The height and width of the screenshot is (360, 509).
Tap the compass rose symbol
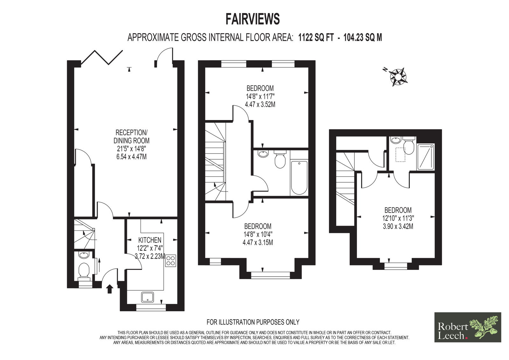tap(398, 77)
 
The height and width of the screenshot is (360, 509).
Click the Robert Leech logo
tap(468, 327)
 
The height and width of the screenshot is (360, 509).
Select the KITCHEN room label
tap(150, 240)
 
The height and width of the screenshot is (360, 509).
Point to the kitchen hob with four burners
tap(171, 261)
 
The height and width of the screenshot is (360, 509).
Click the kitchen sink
tap(147, 297)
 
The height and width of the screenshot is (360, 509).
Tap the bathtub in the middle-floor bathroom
tap(299, 178)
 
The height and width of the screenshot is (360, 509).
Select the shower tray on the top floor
tap(425, 157)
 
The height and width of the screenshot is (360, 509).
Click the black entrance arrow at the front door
tap(110, 289)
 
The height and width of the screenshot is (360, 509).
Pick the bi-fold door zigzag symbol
tap(102, 57)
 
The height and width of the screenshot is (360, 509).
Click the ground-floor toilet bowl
tap(84, 271)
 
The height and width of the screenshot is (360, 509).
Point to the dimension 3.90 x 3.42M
tap(398, 227)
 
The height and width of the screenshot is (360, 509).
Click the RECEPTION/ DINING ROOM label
tap(131, 136)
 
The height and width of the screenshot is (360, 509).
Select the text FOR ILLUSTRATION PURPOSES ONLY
tap(253, 322)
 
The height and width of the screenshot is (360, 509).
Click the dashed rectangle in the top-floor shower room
tap(400, 155)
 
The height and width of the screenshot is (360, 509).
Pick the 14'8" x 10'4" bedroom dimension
tap(258, 235)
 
